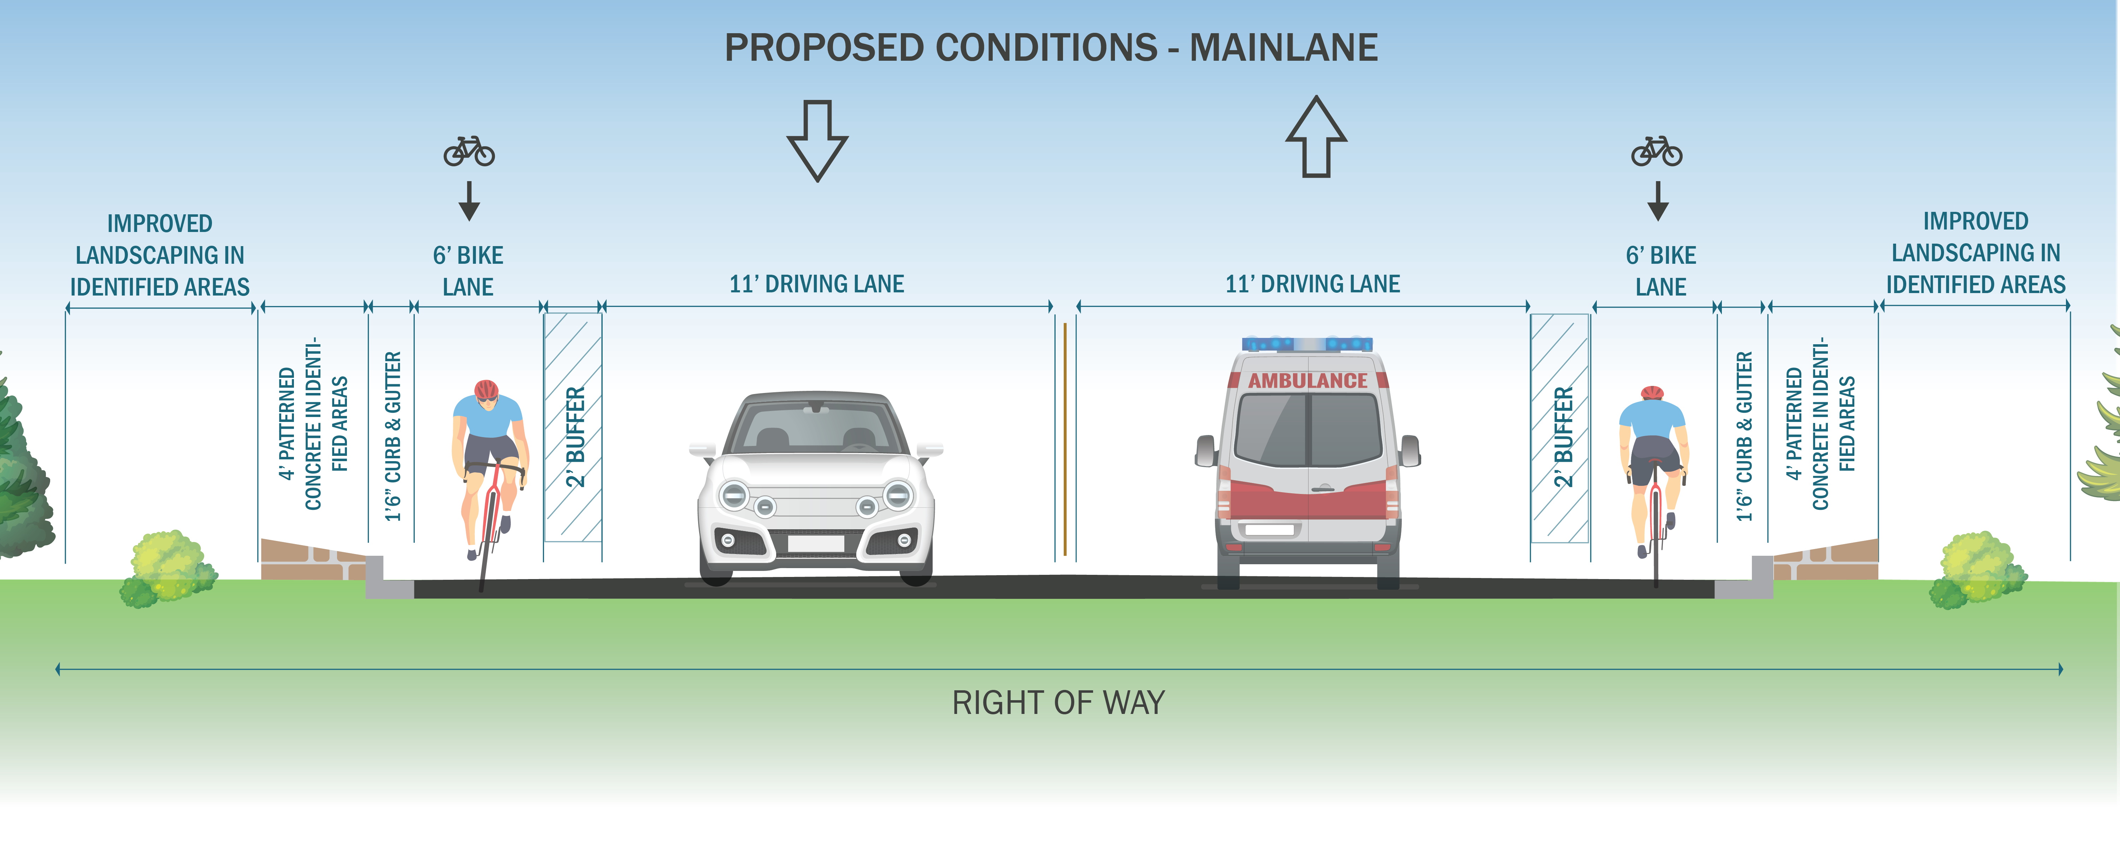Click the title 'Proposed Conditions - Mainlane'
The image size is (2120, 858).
click(1051, 48)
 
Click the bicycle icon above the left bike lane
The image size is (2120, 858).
click(469, 151)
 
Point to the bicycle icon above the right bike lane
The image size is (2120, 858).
click(1657, 151)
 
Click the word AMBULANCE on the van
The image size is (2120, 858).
click(1308, 381)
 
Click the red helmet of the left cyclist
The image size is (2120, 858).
click(486, 389)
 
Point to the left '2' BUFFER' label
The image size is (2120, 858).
click(575, 437)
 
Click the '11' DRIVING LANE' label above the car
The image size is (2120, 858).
click(816, 284)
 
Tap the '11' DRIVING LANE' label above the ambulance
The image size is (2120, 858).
click(1313, 284)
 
